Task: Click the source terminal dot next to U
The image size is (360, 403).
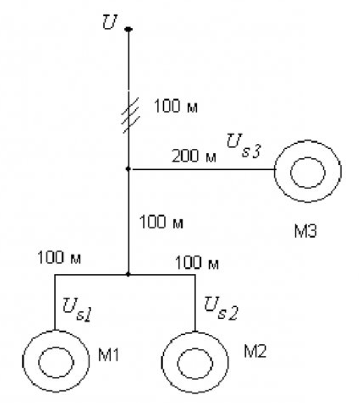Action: point(128,29)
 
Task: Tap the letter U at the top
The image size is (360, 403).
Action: point(110,22)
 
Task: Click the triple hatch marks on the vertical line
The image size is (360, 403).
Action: point(131,115)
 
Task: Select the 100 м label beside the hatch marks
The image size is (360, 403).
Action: point(176,106)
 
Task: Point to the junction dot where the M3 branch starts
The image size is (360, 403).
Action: point(128,169)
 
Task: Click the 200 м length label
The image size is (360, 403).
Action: point(194,156)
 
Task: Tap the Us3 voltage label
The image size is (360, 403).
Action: point(244,146)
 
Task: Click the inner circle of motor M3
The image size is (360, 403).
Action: point(307,158)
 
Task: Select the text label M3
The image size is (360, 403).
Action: point(305,231)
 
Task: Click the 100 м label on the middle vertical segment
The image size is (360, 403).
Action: point(161,222)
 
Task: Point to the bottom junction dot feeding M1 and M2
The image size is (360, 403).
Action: point(128,275)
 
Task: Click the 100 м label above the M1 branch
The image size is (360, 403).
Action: point(59,257)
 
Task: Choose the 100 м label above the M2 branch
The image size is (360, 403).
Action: point(197,262)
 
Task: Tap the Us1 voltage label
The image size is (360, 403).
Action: point(77,309)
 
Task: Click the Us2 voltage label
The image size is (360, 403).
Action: point(221,308)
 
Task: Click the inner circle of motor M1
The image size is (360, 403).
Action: point(56,347)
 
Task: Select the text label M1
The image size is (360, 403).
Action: point(109,355)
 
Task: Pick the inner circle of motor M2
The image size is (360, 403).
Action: point(195,349)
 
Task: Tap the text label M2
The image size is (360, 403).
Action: point(255,351)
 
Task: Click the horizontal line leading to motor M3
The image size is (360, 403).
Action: point(204,169)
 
